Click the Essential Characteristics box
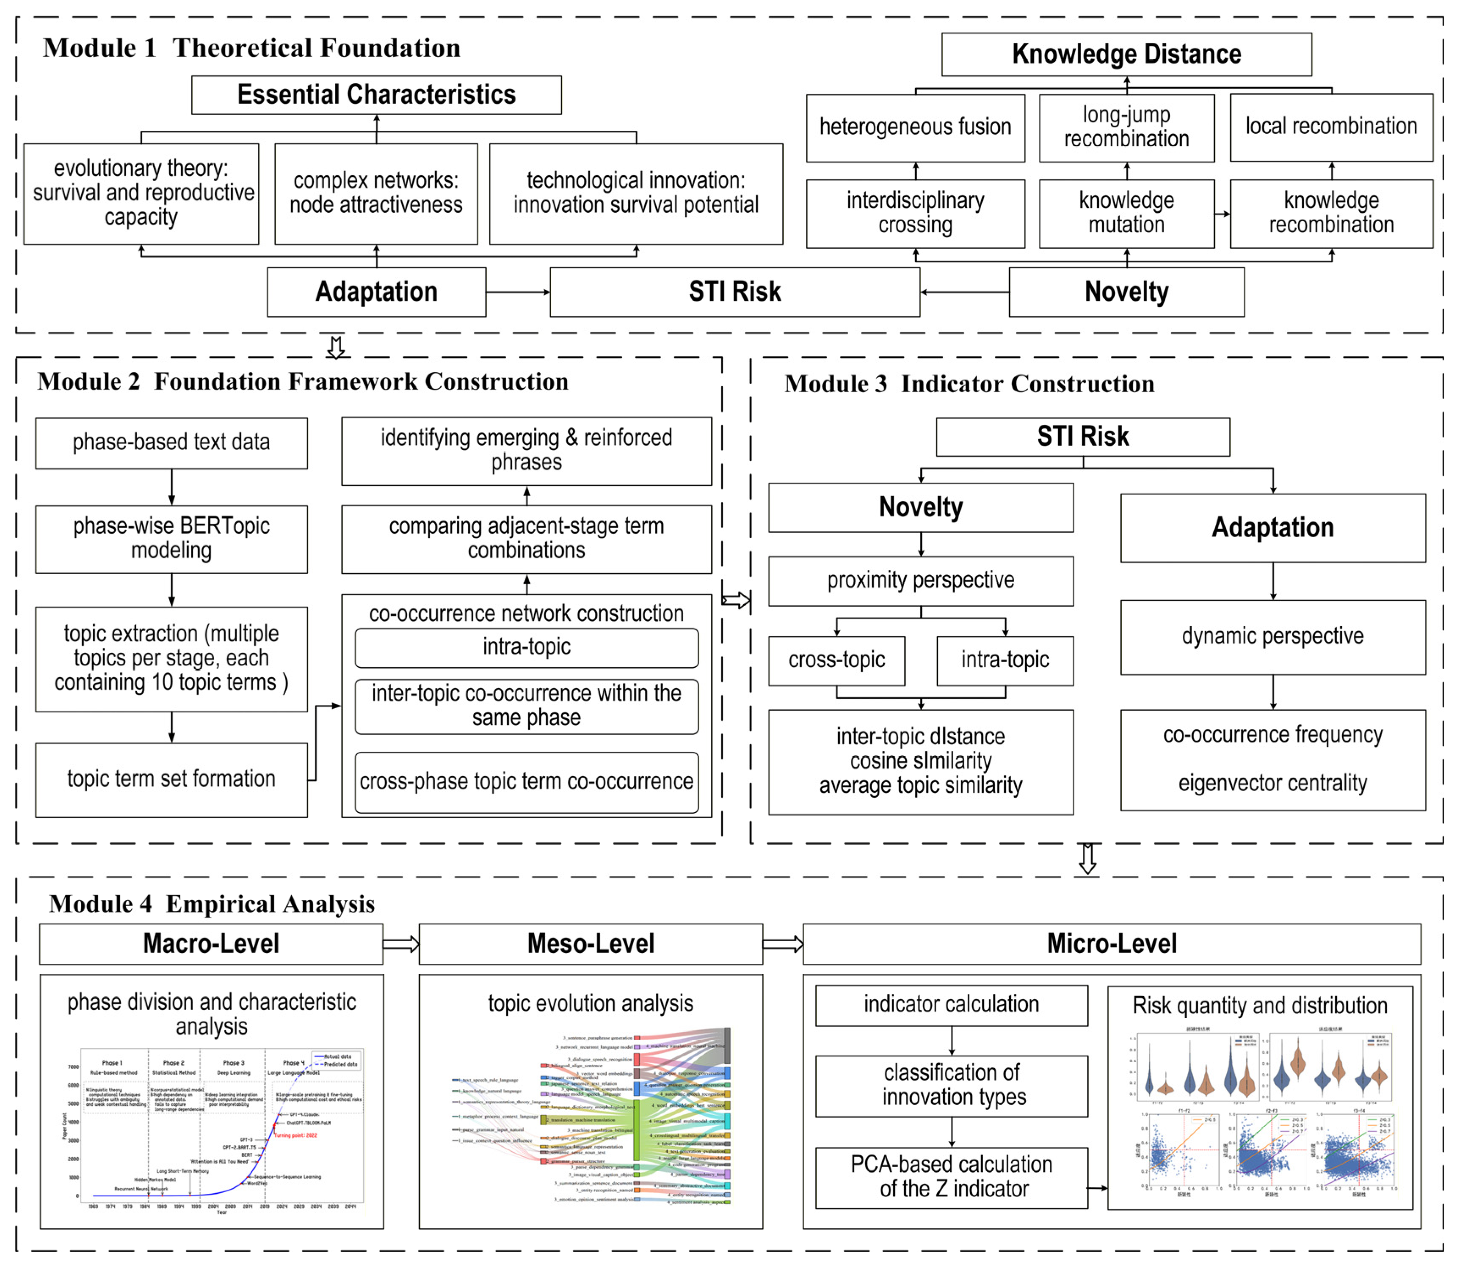(x=376, y=94)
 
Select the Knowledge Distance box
(x=1126, y=54)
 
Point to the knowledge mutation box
(x=1126, y=213)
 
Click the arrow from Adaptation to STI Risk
(x=518, y=292)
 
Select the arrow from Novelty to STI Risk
(x=964, y=292)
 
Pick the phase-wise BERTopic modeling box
(x=171, y=539)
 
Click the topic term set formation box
(x=171, y=780)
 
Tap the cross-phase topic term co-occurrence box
(x=526, y=782)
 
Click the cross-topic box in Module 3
(x=836, y=660)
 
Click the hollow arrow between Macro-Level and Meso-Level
(x=400, y=944)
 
